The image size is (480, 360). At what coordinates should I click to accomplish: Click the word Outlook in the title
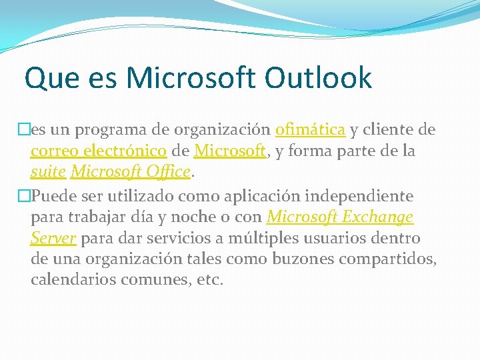[x=318, y=78]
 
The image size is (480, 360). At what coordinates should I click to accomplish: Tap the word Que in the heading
[x=49, y=79]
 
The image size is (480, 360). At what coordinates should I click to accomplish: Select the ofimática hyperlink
[x=310, y=129]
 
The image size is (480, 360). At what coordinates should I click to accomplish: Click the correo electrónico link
[x=99, y=151]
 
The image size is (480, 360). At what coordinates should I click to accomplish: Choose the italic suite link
[x=48, y=172]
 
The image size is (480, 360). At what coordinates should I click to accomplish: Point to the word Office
[x=166, y=172]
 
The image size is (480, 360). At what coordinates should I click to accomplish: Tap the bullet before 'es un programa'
[x=25, y=129]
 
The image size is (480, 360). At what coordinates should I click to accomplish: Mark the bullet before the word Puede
[x=25, y=196]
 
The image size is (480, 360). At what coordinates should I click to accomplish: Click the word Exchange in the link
[x=378, y=217]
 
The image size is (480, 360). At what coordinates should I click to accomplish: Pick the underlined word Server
[x=53, y=238]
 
